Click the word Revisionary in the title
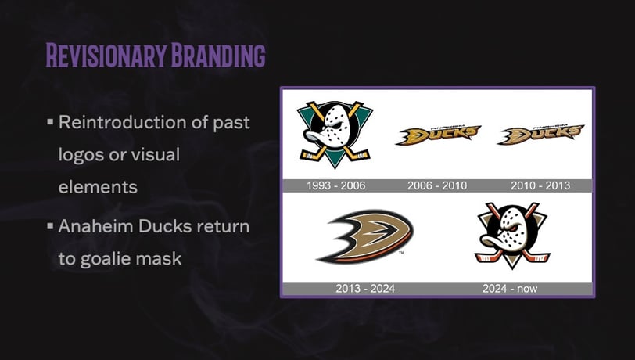point(106,55)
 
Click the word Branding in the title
point(218,55)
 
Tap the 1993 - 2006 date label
point(335,185)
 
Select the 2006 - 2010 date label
point(437,185)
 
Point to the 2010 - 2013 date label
point(540,185)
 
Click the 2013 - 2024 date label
point(365,289)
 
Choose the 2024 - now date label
point(509,289)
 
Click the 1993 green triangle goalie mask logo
point(335,134)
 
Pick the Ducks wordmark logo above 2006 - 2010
point(438,135)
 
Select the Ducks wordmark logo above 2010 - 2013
point(541,135)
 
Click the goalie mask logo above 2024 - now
point(512,236)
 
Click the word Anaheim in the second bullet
point(96,226)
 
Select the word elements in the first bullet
point(98,187)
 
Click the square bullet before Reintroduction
point(50,121)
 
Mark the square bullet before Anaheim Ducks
point(50,225)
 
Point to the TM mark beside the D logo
point(401,253)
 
